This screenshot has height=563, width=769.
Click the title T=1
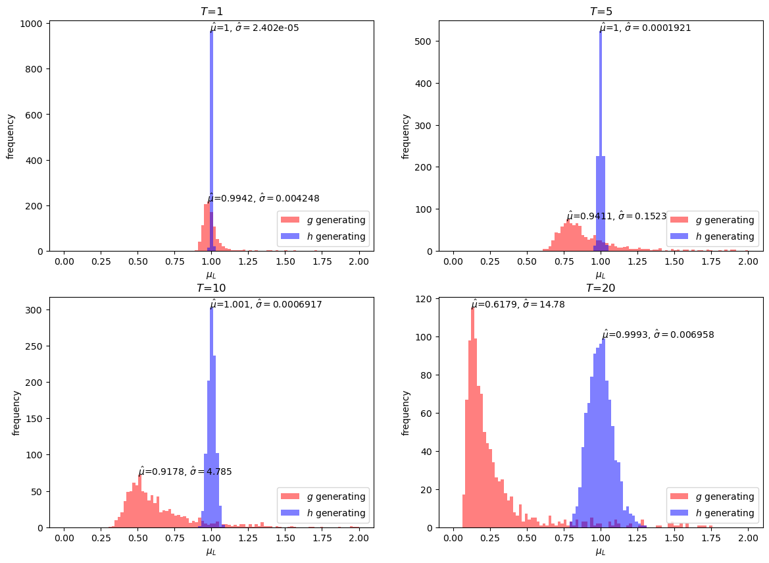tap(211, 11)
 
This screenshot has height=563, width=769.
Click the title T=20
tap(600, 288)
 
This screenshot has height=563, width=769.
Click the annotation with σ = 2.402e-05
tap(255, 28)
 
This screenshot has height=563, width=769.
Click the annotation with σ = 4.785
tap(185, 471)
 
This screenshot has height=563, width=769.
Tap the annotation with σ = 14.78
tap(518, 304)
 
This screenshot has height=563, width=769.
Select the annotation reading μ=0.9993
tap(658, 335)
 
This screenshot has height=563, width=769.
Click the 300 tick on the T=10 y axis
tap(35, 309)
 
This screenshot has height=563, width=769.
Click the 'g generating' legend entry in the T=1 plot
tap(323, 220)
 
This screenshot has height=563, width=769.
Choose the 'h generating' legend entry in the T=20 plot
tap(712, 513)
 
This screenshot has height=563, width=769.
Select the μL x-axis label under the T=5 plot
tap(600, 275)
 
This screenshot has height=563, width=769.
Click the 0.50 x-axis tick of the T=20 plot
tap(526, 539)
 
